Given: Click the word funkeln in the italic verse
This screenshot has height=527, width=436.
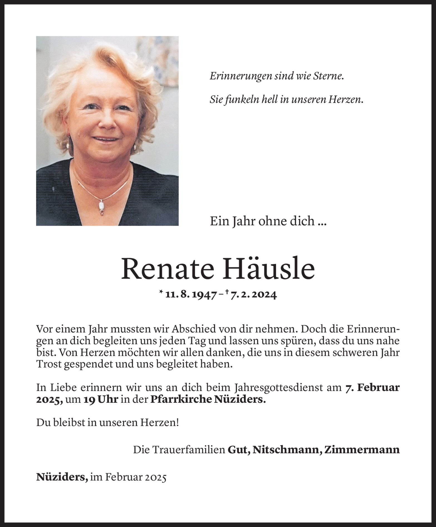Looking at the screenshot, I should coord(238,100).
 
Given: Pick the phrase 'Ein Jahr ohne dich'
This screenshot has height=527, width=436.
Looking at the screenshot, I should coord(262,221).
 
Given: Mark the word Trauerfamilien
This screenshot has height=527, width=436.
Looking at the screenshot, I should coord(179,449).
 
